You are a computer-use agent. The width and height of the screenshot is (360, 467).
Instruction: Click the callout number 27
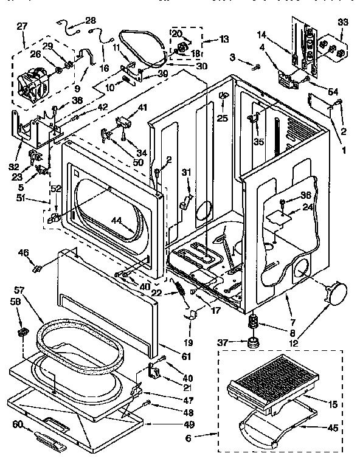(x=22, y=26)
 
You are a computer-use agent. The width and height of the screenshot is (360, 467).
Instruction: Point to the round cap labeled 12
(x=333, y=294)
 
